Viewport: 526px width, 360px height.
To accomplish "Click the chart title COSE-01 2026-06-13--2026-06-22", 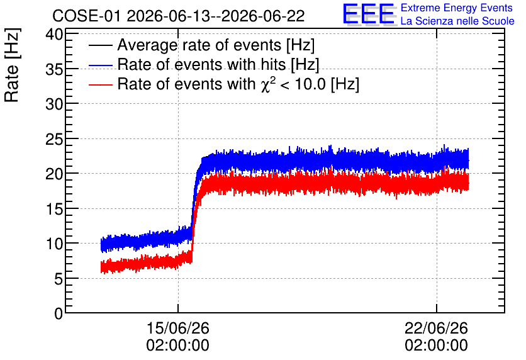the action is pyautogui.click(x=179, y=16).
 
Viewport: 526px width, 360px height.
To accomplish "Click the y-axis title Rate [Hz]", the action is pyautogui.click(x=12, y=65).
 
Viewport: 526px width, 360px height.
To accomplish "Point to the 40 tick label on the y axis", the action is pyautogui.click(x=54, y=34).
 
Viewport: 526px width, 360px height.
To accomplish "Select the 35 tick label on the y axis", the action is pyautogui.click(x=54, y=69).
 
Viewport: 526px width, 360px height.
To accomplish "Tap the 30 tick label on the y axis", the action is pyautogui.click(x=54, y=104).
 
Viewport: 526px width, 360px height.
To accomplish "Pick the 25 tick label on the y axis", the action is pyautogui.click(x=54, y=140).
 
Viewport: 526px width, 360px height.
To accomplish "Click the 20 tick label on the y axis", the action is pyautogui.click(x=54, y=174).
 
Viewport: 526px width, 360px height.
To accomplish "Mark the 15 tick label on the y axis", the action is pyautogui.click(x=54, y=210).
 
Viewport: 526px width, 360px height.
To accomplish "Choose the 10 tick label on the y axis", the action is pyautogui.click(x=54, y=245).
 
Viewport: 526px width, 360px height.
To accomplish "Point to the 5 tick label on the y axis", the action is pyautogui.click(x=59, y=279).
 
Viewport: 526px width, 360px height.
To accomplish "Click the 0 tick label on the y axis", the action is pyautogui.click(x=59, y=314).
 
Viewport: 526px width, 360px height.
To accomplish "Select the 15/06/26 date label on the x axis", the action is pyautogui.click(x=178, y=328).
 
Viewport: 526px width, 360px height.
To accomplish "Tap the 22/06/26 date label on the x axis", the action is pyautogui.click(x=436, y=328).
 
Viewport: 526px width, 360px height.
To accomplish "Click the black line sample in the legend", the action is pyautogui.click(x=100, y=45).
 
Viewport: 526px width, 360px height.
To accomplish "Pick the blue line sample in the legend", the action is pyautogui.click(x=100, y=65).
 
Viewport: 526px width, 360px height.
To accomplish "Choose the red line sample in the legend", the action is pyautogui.click(x=100, y=85).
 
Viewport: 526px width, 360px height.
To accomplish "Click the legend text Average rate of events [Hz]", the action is pyautogui.click(x=216, y=45).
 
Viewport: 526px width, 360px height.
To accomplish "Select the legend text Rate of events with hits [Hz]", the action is pyautogui.click(x=218, y=65).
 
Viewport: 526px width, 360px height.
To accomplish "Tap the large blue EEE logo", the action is pyautogui.click(x=368, y=14).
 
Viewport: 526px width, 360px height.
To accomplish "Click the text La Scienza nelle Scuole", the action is pyautogui.click(x=457, y=21).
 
